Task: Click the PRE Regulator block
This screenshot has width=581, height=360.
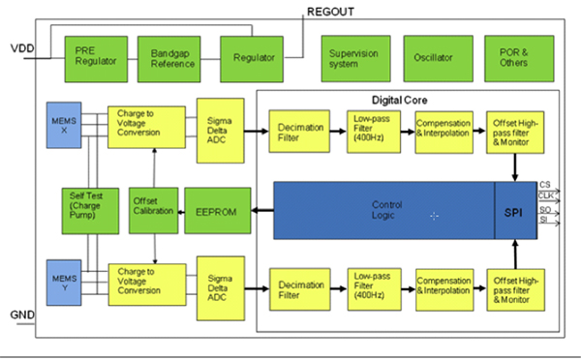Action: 95,58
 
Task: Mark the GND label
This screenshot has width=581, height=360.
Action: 21,315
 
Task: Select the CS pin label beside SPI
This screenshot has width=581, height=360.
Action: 546,184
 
